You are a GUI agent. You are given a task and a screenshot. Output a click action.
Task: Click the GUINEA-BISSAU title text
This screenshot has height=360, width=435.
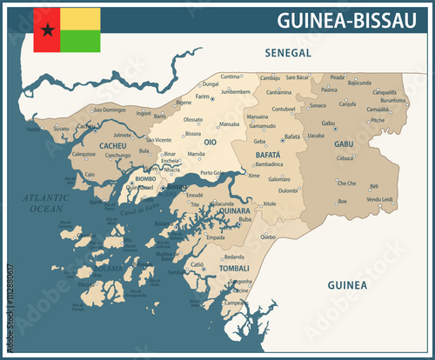[351, 20]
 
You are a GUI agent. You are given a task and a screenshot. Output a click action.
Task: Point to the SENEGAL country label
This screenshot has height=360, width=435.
[288, 54]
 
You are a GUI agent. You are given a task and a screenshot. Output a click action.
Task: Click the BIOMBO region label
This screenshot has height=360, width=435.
[146, 179]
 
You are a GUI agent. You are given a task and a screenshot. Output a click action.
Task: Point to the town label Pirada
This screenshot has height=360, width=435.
[338, 77]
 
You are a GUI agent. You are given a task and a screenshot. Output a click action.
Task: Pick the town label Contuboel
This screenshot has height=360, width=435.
[284, 109]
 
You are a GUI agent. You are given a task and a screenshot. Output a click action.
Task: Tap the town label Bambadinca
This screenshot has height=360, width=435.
[269, 163]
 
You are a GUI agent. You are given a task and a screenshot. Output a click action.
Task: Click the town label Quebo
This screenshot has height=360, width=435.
[268, 236]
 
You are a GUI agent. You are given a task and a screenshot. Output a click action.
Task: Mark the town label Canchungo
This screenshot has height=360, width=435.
[118, 156]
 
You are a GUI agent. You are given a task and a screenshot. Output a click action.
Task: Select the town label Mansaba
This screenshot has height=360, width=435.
[229, 124]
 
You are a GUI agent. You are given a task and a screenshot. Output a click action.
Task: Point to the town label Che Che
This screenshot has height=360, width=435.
[346, 183]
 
